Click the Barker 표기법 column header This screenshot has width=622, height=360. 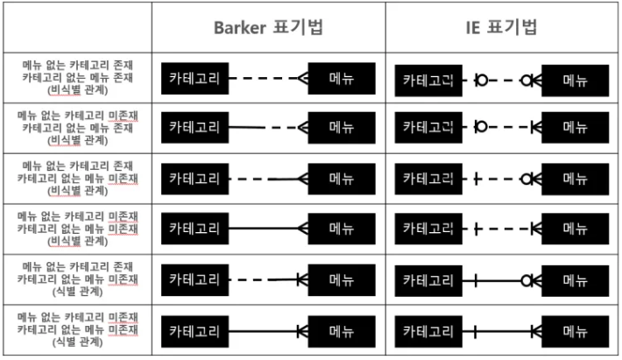tap(267, 26)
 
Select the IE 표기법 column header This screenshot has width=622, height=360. tap(501, 26)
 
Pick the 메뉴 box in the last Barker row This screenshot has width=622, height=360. tap(342, 332)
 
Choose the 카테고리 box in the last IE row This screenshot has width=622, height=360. tap(428, 332)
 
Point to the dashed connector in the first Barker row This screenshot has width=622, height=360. tap(263, 79)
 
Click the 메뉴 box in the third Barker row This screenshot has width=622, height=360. tap(342, 179)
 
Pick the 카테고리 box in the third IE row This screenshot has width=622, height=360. tap(428, 179)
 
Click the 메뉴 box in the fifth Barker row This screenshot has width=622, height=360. tap(342, 280)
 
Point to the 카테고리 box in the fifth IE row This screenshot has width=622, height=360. tap(428, 280)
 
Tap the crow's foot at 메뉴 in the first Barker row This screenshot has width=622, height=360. tap(302, 79)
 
